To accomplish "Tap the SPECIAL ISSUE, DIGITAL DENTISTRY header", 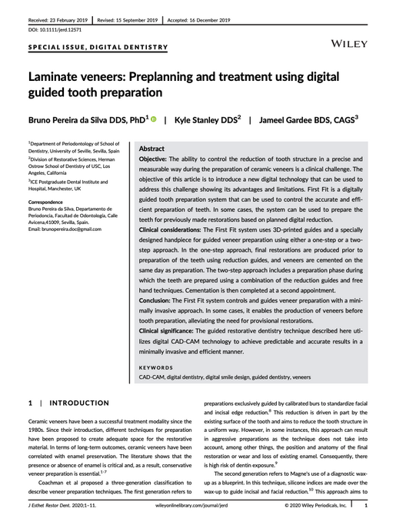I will (98, 47).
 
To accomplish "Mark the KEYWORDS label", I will (156, 367).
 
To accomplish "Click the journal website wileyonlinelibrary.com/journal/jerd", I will (198, 506).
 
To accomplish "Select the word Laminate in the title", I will (63, 79).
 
